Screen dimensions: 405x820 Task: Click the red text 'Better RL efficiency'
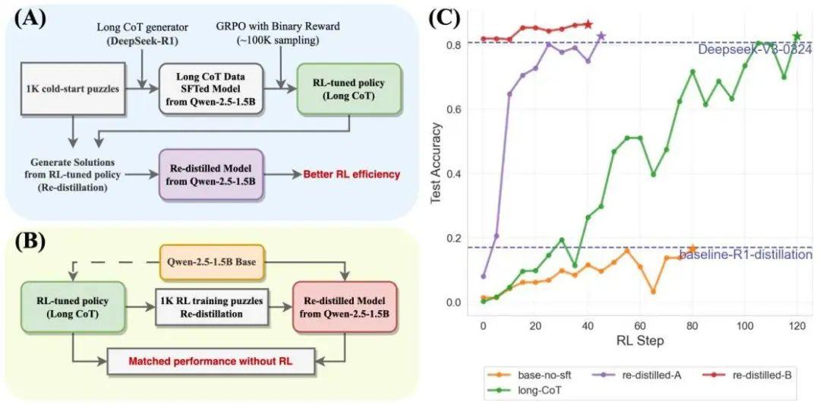coord(351,175)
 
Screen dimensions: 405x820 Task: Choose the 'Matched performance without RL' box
coord(210,362)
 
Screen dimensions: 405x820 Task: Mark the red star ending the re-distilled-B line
coord(588,24)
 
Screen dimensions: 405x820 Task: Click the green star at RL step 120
coord(797,36)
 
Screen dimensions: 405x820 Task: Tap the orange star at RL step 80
coord(692,248)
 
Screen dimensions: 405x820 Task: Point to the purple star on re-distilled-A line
coord(601,36)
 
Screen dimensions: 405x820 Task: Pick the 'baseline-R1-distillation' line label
coord(746,255)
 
